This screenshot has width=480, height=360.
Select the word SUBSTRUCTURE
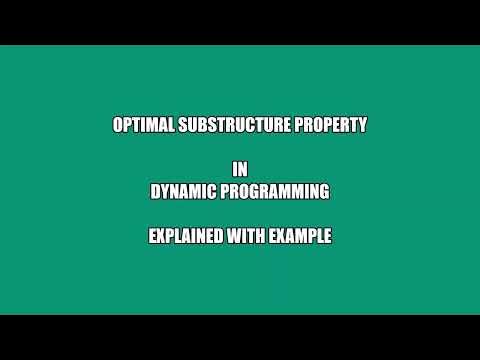(x=236, y=126)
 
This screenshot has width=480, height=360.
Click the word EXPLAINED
(x=184, y=237)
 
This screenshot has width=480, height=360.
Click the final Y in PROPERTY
(x=362, y=126)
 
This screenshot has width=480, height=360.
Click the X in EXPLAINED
(x=161, y=237)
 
